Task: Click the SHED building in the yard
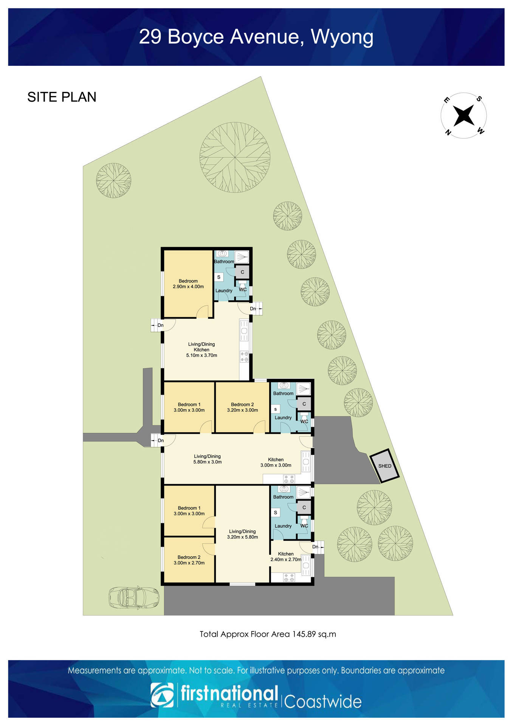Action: click(384, 466)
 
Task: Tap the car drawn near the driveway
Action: click(134, 598)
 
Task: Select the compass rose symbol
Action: click(463, 115)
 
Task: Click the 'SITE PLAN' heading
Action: click(62, 97)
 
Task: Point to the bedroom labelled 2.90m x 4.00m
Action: click(188, 284)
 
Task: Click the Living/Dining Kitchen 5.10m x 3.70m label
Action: click(201, 350)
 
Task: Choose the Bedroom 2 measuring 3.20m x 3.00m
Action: click(242, 407)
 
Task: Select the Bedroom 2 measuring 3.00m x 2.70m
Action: click(189, 560)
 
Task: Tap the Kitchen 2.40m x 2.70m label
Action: click(286, 557)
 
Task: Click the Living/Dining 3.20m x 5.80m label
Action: click(242, 534)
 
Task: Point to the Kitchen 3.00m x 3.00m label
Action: click(276, 462)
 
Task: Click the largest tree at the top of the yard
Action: click(235, 157)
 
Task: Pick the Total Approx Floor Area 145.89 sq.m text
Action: click(268, 634)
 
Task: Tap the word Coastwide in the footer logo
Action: click(323, 701)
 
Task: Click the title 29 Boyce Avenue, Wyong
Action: click(256, 37)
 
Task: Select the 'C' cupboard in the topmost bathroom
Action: click(242, 272)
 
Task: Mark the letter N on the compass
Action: click(448, 132)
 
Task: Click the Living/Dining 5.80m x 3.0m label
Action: click(207, 459)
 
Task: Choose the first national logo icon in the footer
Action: click(162, 695)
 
